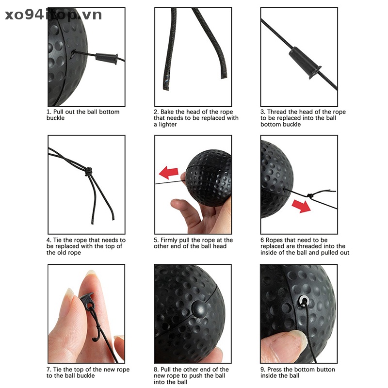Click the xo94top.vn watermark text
[53, 15]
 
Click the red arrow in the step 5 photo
[169, 172]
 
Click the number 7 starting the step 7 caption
[48, 370]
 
